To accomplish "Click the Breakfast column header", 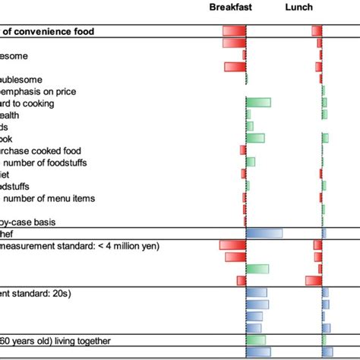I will pyautogui.click(x=231, y=8).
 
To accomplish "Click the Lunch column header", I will pyautogui.click(x=298, y=8).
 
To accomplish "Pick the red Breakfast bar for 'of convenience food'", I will pyautogui.click(x=234, y=31).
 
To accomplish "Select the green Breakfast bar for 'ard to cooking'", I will pyautogui.click(x=258, y=103).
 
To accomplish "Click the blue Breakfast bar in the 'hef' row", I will pyautogui.click(x=264, y=233).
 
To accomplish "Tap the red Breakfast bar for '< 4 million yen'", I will pyautogui.click(x=232, y=245).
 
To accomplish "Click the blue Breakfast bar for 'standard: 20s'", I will pyautogui.click(x=255, y=293).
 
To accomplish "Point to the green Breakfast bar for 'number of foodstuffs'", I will pyautogui.click(x=251, y=163).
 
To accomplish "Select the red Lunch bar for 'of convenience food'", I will pyautogui.click(x=317, y=31).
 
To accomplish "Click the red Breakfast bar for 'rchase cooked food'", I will pyautogui.click(x=243, y=150).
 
